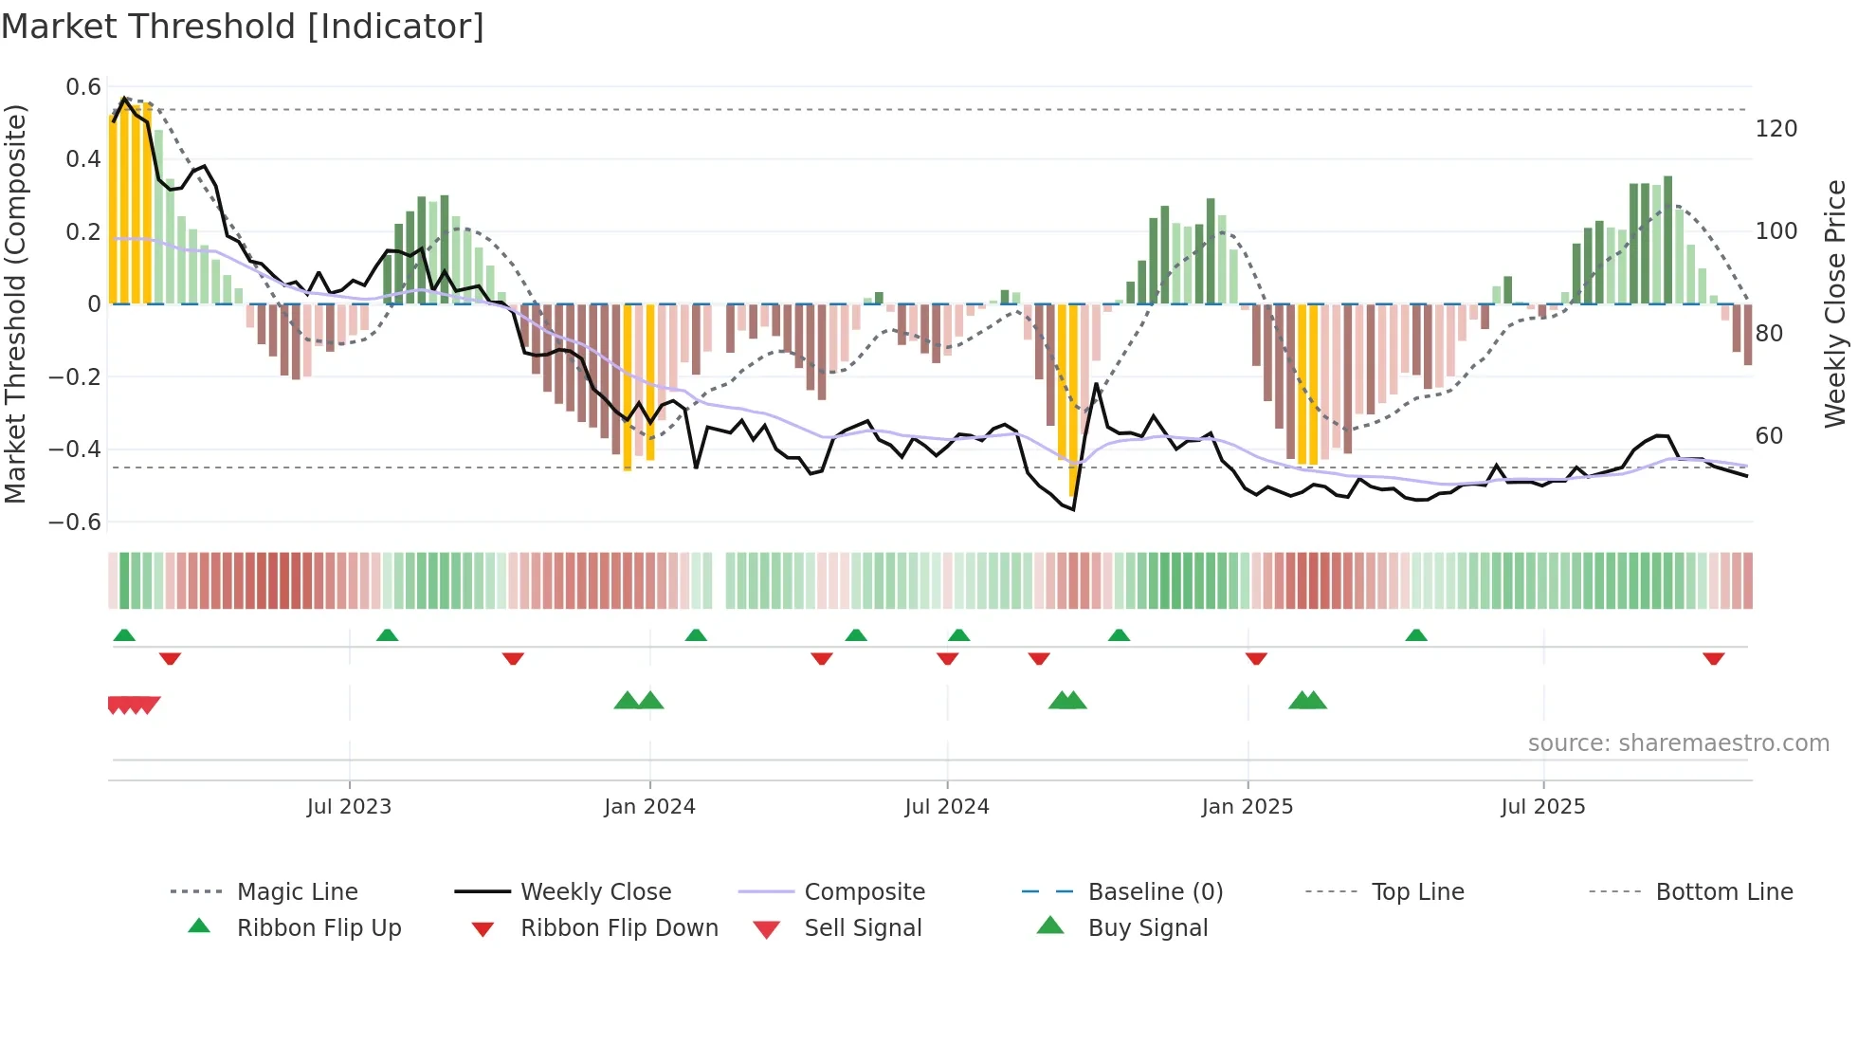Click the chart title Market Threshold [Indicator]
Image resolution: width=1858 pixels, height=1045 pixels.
(x=243, y=27)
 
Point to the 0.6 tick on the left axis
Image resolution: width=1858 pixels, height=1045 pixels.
(x=83, y=87)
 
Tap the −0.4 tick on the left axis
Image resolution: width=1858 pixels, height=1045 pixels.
(x=76, y=449)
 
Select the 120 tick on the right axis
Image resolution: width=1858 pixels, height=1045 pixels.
(x=1776, y=129)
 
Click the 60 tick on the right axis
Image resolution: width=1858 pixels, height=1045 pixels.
(x=1769, y=436)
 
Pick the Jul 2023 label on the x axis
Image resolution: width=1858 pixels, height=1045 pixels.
(x=349, y=807)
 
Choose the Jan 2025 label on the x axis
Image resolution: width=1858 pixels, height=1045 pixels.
(x=1247, y=807)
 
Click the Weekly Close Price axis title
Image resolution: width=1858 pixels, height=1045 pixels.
(x=1835, y=303)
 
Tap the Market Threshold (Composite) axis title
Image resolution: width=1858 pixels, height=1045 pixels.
(x=15, y=303)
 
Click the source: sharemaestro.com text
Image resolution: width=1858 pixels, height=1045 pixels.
(x=1678, y=743)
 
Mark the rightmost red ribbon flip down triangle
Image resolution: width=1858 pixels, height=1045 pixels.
(x=1713, y=658)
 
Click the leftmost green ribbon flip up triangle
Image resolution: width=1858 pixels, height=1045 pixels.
(x=124, y=635)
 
